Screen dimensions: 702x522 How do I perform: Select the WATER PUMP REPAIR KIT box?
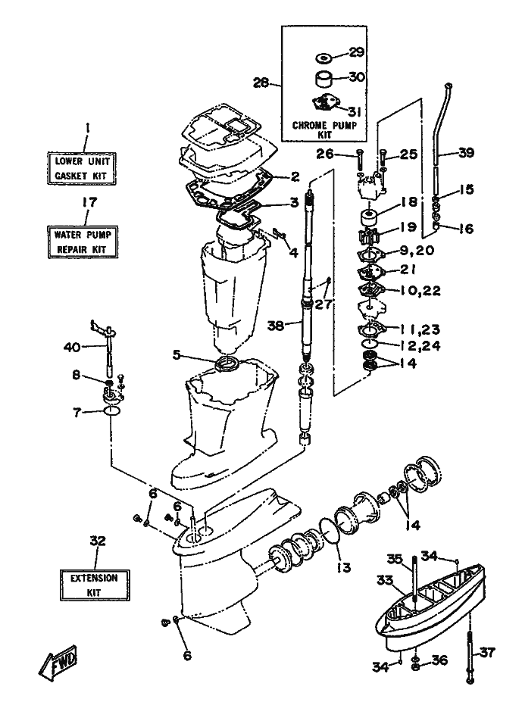point(83,240)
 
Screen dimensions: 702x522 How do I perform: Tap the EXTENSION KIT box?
point(95,584)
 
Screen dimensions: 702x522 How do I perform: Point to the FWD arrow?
point(58,663)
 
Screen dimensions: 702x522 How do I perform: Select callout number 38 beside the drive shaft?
point(277,327)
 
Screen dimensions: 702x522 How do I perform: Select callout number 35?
point(394,560)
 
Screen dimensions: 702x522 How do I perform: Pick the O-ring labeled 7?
point(111,412)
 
